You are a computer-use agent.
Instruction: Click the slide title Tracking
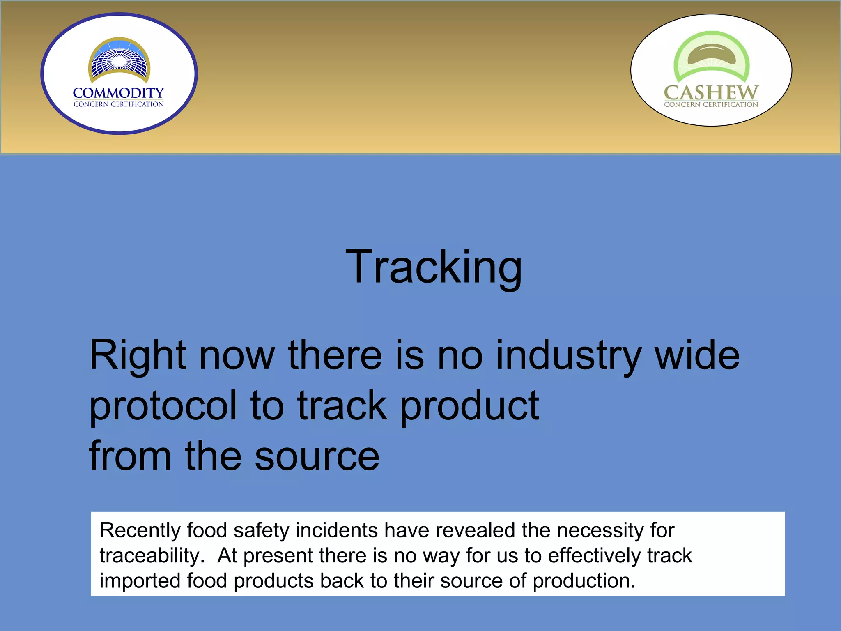[433, 268]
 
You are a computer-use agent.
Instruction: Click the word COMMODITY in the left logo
[118, 93]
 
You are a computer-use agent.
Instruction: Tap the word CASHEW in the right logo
[711, 92]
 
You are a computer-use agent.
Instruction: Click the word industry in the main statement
[568, 356]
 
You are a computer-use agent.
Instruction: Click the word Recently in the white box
[140, 531]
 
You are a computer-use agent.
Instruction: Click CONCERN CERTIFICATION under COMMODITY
[118, 104]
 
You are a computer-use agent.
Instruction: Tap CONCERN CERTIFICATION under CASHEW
[711, 104]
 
